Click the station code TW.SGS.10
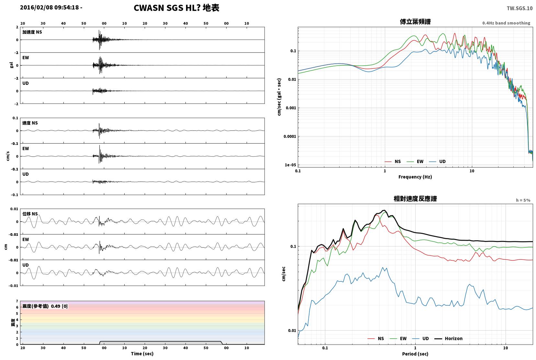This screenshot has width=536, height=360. pos(519,8)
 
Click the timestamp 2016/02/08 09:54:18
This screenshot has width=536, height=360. pos(49,7)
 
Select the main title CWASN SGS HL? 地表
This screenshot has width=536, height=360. pos(176,8)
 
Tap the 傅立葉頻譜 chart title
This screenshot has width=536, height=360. pos(415,22)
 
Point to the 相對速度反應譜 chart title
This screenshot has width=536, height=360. pos(415,199)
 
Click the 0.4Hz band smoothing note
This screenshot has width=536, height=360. pos(506,23)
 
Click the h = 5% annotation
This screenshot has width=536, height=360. pos(523,200)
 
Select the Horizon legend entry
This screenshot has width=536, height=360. pos(449,338)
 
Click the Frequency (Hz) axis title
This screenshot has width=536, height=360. pos(415,177)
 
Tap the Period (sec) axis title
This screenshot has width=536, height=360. pos(415,354)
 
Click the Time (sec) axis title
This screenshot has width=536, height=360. pos(142,354)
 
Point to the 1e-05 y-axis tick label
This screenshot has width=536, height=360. pos(290,165)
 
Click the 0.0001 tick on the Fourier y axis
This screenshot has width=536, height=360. pos(290,136)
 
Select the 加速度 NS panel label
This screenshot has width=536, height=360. pos(32,32)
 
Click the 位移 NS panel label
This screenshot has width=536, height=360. pos(30,214)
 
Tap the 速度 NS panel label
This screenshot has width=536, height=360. pos(30,123)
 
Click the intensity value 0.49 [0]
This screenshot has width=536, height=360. pos(59,306)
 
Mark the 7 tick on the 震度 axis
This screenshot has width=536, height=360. pos(17,301)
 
